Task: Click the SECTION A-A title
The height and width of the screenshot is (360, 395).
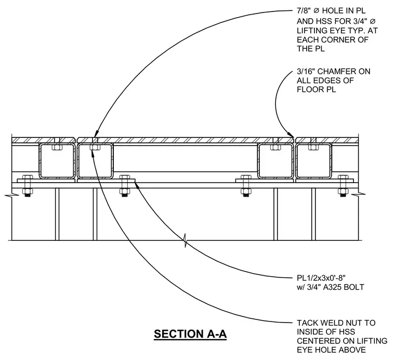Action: click(190, 334)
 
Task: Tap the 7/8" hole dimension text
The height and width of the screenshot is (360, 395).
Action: click(306, 10)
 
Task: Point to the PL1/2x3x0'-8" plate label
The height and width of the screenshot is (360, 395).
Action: click(321, 278)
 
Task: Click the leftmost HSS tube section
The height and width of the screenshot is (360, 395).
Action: click(57, 161)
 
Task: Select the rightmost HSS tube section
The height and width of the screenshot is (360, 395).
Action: click(313, 161)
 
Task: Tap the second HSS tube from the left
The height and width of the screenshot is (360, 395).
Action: click(95, 161)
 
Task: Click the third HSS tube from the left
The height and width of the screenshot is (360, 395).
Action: click(275, 161)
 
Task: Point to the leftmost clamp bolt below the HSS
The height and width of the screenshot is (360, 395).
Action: click(28, 186)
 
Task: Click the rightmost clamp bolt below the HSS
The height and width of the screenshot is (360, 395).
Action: click(343, 186)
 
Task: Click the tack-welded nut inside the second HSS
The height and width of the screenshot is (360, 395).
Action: click(95, 147)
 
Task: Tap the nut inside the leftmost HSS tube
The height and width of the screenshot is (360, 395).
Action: click(57, 147)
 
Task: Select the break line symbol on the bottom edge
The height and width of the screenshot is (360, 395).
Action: click(186, 240)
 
